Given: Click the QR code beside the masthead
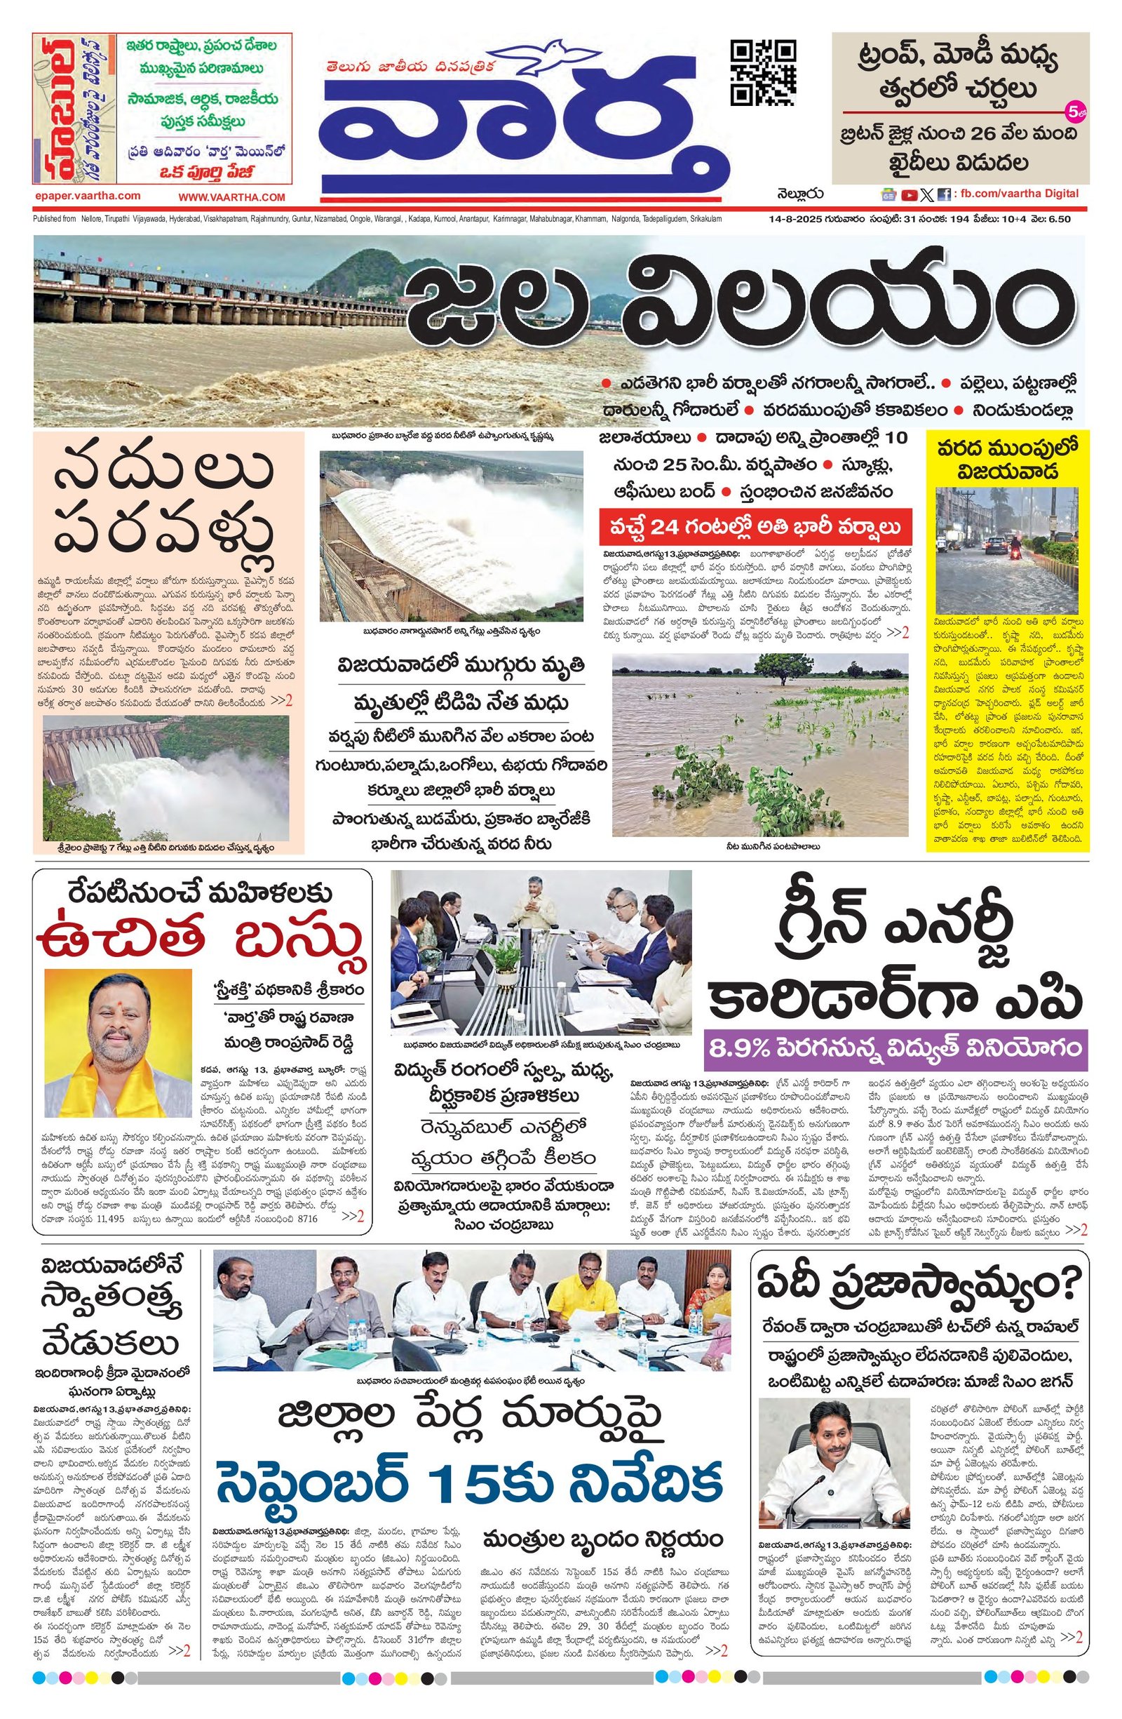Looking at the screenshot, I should (x=763, y=73).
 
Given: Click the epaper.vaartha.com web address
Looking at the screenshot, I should (x=87, y=196).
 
